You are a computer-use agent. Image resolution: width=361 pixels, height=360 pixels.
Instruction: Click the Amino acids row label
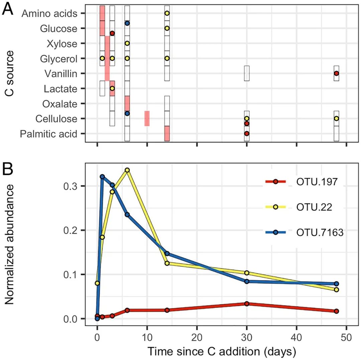(49, 14)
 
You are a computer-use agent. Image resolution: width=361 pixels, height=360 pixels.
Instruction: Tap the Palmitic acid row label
(48, 134)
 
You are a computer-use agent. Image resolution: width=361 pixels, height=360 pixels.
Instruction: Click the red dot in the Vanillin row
(336, 73)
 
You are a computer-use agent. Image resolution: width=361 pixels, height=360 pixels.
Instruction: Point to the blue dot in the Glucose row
(127, 23)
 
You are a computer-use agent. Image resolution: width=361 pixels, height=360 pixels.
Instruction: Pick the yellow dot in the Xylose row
(127, 43)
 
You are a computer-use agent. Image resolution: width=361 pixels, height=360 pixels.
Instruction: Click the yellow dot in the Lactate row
(112, 88)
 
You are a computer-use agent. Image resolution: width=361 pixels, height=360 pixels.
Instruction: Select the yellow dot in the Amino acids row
(167, 13)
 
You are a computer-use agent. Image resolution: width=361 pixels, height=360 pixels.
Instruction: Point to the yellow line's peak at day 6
(127, 170)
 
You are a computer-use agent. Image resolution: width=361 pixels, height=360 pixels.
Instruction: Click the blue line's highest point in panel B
(102, 176)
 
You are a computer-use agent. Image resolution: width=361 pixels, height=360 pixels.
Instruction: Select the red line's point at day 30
(247, 304)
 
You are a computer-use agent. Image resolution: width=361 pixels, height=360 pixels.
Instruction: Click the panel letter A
(8, 10)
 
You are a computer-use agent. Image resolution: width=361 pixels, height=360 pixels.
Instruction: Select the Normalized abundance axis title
(10, 244)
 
